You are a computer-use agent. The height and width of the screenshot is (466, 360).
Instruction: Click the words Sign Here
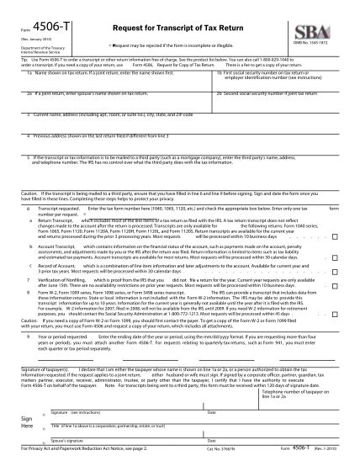coord(28,421)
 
